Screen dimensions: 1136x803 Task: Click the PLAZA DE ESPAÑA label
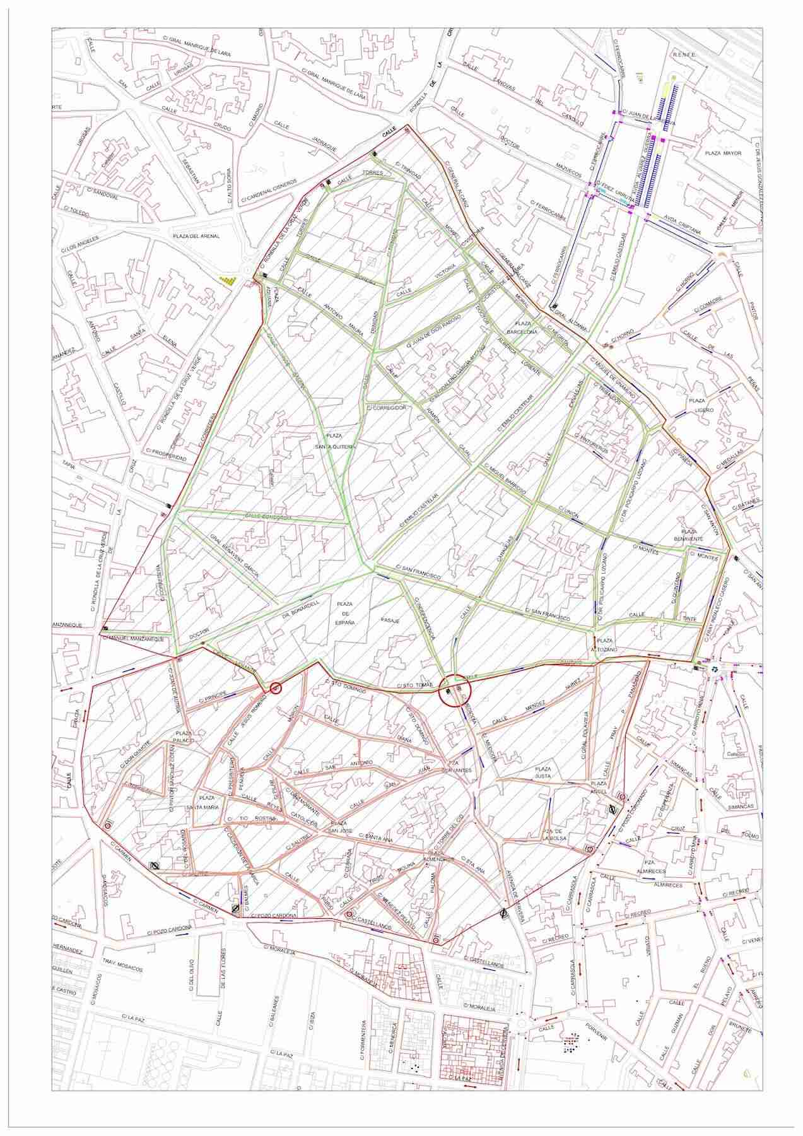345,613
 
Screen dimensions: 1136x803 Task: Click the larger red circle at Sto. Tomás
454,689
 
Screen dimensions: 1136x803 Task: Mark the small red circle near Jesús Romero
275,688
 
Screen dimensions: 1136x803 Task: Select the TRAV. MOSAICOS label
124,969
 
